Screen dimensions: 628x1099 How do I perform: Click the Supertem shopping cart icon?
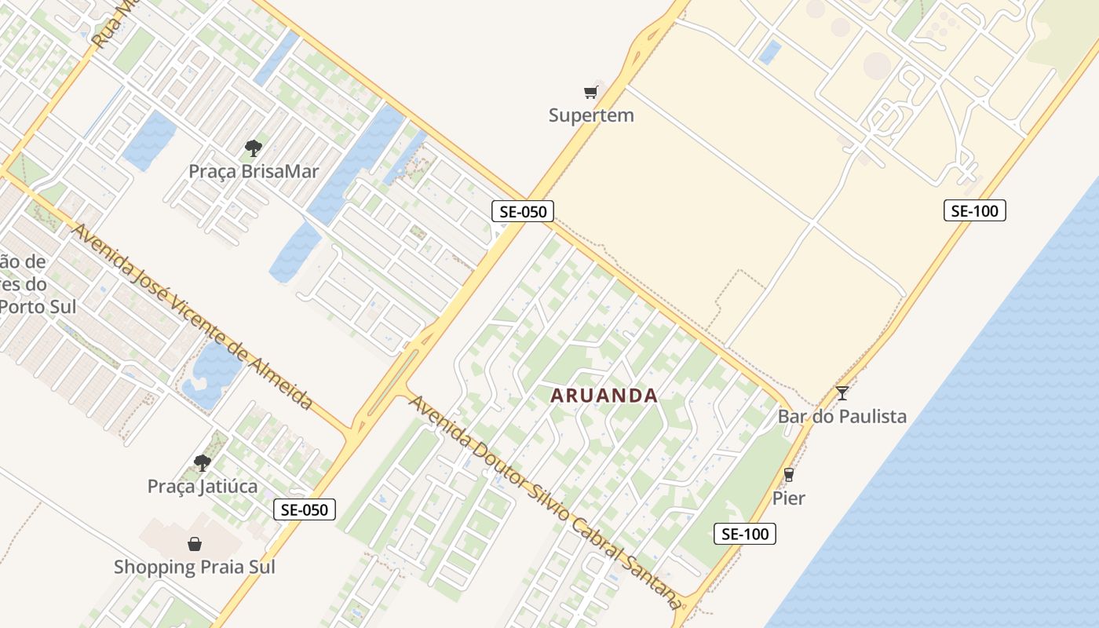[590, 93]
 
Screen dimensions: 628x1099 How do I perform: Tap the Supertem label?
[590, 115]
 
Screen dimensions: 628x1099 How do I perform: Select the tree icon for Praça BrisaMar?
[253, 148]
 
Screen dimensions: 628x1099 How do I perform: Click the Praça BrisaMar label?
[253, 170]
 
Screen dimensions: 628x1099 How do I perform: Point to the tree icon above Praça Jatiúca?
[203, 463]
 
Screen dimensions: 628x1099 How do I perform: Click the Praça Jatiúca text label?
[203, 486]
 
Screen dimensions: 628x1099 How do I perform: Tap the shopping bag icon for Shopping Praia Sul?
[194, 543]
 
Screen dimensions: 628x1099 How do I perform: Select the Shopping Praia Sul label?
[194, 566]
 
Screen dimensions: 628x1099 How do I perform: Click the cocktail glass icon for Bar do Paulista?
[842, 393]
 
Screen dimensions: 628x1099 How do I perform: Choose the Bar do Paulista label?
[842, 416]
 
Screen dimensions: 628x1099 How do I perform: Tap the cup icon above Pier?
[789, 475]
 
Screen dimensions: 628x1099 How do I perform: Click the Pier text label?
[789, 498]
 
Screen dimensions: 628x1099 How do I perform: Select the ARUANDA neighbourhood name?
[604, 395]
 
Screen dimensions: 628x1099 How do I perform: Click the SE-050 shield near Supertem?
[523, 210]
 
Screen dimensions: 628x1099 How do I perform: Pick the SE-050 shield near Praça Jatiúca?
[305, 509]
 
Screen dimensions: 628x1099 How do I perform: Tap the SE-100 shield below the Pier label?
[744, 534]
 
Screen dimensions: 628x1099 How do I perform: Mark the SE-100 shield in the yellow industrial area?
[974, 210]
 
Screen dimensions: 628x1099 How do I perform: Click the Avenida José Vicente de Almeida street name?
[192, 316]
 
